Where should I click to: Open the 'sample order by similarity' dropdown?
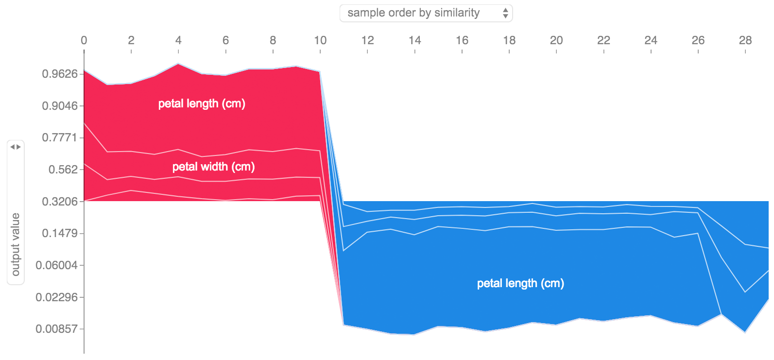[x=426, y=13]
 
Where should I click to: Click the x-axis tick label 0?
[x=84, y=40]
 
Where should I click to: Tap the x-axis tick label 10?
[x=320, y=40]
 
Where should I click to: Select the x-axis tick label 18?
[x=509, y=40]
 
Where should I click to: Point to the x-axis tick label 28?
[x=745, y=40]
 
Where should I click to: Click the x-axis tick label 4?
[x=178, y=40]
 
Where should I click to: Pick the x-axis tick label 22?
[x=603, y=40]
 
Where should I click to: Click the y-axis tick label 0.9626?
[x=60, y=74]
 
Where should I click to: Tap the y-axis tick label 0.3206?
[x=60, y=202]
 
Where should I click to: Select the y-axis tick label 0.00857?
[x=56, y=329]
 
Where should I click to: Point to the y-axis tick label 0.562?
[x=63, y=170]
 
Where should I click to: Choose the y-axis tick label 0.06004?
[x=56, y=265]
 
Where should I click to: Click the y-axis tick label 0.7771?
[x=60, y=137]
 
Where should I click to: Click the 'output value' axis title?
[x=16, y=244]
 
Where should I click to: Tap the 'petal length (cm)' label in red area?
[x=202, y=103]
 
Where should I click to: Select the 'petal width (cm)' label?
[x=213, y=167]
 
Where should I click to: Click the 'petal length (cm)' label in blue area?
[x=520, y=283]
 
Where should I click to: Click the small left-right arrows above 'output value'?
[x=16, y=147]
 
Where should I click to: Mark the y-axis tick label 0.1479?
[x=60, y=233]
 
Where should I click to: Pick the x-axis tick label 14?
[x=414, y=40]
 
